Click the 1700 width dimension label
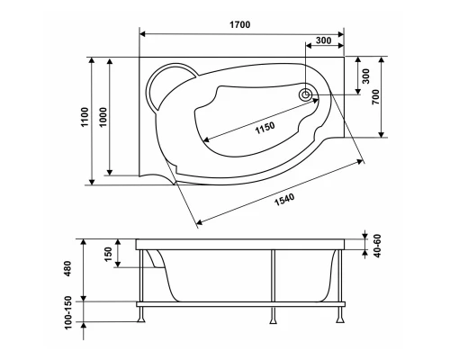coord(240,24)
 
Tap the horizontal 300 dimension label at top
coord(324,40)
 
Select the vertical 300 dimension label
coord(366,76)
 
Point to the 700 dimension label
coord(375,96)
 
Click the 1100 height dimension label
coord(85,117)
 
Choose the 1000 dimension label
coord(103,117)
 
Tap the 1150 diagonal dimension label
coord(265,128)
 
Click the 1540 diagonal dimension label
coord(284,200)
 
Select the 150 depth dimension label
coord(108,254)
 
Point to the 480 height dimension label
coord(67,268)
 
